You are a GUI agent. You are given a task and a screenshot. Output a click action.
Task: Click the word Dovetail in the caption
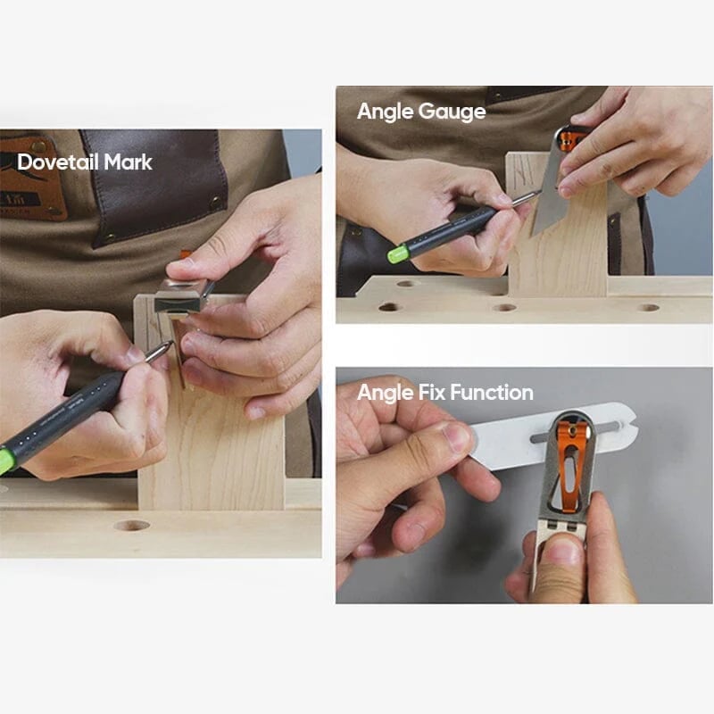[57, 162]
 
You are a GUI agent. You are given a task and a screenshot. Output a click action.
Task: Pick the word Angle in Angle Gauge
[384, 112]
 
